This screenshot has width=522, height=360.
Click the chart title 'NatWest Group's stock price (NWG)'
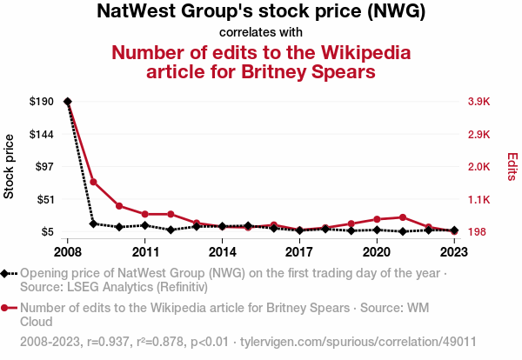point(260,12)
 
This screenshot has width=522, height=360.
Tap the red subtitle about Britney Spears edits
point(260,61)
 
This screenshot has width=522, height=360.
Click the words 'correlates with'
point(260,32)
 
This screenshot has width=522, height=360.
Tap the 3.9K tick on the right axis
point(479,102)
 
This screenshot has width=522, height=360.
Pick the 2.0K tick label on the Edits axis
point(479,166)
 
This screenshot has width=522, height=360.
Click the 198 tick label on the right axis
point(477,231)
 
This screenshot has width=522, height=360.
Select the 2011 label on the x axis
point(144,252)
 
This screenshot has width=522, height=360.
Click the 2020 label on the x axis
point(376,252)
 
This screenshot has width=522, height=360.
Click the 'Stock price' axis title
point(10,166)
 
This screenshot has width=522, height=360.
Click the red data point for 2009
point(93,182)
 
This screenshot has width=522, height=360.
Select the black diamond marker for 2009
point(93,223)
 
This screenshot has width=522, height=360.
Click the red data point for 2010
point(119,206)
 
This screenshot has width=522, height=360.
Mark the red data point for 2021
point(402,217)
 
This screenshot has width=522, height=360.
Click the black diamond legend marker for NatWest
point(7,273)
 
